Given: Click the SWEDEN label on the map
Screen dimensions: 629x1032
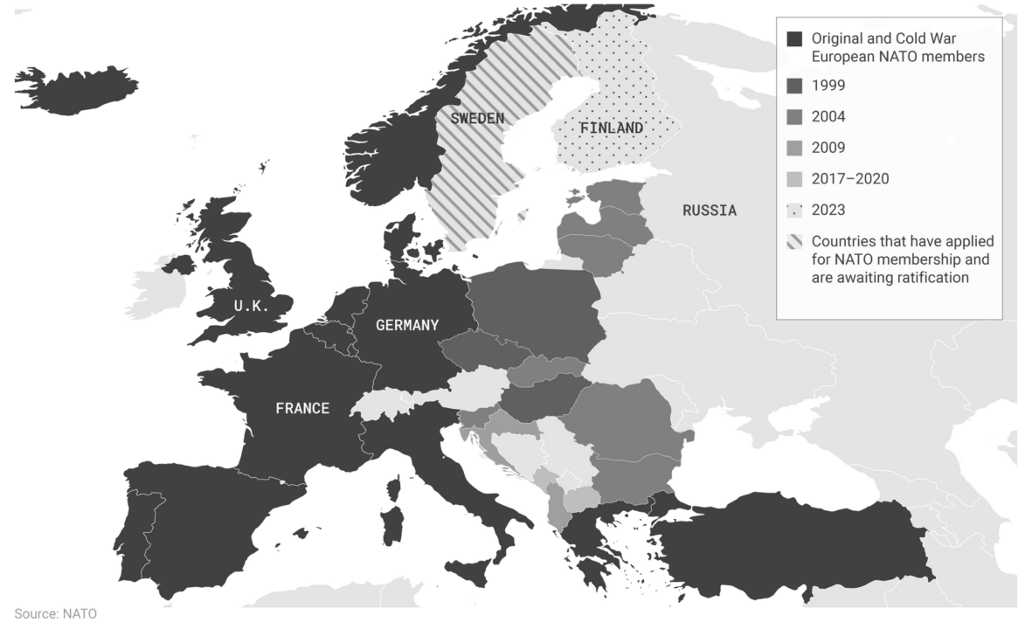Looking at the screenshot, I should pyautogui.click(x=477, y=118).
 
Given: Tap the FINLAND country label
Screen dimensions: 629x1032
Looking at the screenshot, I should pyautogui.click(x=612, y=128).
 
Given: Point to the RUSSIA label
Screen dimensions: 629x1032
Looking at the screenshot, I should pyautogui.click(x=709, y=211).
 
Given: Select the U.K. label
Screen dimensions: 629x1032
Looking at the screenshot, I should pyautogui.click(x=252, y=306).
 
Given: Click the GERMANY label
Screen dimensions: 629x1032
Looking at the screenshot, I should pyautogui.click(x=406, y=325).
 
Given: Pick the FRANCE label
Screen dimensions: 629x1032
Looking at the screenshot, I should pyautogui.click(x=302, y=408).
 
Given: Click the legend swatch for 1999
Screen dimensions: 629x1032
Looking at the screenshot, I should pyautogui.click(x=794, y=86).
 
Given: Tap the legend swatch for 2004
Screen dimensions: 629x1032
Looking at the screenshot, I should pyautogui.click(x=794, y=117).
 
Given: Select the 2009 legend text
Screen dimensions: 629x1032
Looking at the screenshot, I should pyautogui.click(x=828, y=148).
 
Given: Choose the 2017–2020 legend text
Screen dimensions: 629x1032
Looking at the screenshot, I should pyautogui.click(x=849, y=179).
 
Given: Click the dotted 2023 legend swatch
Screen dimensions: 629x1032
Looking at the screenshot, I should pyautogui.click(x=794, y=211).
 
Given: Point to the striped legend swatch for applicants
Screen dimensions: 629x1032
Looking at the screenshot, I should pyautogui.click(x=794, y=242).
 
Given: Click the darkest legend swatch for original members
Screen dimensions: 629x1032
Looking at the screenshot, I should pyautogui.click(x=794, y=39).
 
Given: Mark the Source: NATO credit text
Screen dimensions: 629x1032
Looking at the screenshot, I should pyautogui.click(x=56, y=614).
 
